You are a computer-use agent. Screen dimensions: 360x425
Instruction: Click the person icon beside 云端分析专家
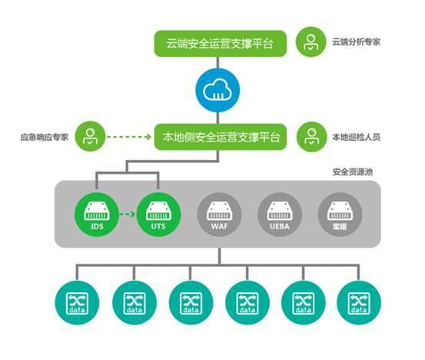pos(310,42)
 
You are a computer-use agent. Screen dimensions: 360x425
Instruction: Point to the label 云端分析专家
pos(357,43)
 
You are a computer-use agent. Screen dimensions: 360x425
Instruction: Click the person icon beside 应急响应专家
pos(91,138)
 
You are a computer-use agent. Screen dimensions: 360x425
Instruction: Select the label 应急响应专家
pos(45,138)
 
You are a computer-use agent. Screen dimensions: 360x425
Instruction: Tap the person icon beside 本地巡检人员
pos(310,138)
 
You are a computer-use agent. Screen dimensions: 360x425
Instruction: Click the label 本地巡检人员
pos(357,138)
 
